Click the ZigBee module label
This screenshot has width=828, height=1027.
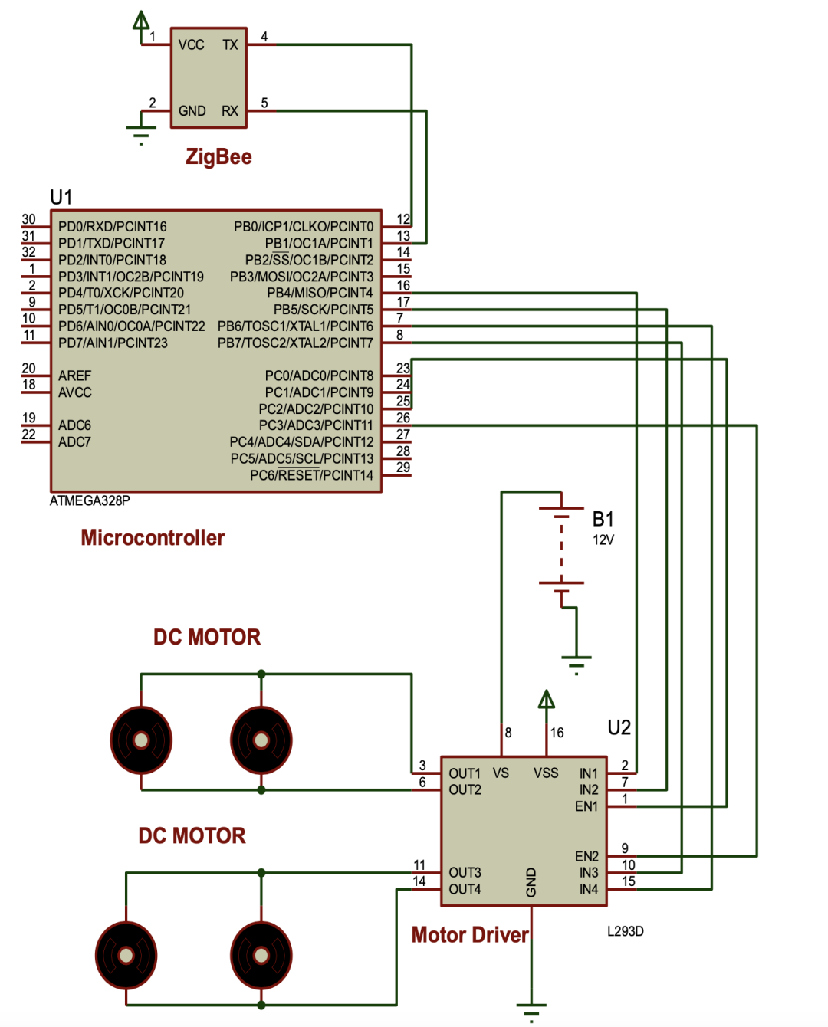click(x=219, y=157)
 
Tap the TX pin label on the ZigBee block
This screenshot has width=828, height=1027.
click(x=230, y=45)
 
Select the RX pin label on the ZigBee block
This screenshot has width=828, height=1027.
click(x=230, y=111)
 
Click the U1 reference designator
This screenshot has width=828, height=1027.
click(x=61, y=198)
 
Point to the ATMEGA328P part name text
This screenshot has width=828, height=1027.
click(x=90, y=501)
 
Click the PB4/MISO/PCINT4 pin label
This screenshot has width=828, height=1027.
click(x=320, y=293)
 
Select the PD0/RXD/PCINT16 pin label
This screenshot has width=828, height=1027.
click(x=113, y=227)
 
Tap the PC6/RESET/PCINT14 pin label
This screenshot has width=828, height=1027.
click(x=311, y=475)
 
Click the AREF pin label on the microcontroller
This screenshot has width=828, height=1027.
click(x=74, y=376)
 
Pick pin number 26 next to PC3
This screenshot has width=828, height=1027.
click(x=403, y=418)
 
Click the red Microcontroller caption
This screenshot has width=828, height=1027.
click(x=153, y=538)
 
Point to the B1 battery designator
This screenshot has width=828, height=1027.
click(x=603, y=520)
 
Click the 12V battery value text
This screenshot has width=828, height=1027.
click(x=603, y=540)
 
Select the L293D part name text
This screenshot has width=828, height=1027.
click(x=626, y=931)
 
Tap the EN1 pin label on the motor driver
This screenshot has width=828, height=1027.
click(x=586, y=806)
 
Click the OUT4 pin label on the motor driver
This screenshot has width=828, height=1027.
click(x=465, y=889)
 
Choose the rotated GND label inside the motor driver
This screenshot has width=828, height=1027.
click(x=531, y=882)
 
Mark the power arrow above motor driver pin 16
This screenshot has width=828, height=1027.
click(x=547, y=700)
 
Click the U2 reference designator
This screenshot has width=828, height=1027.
click(x=619, y=727)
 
